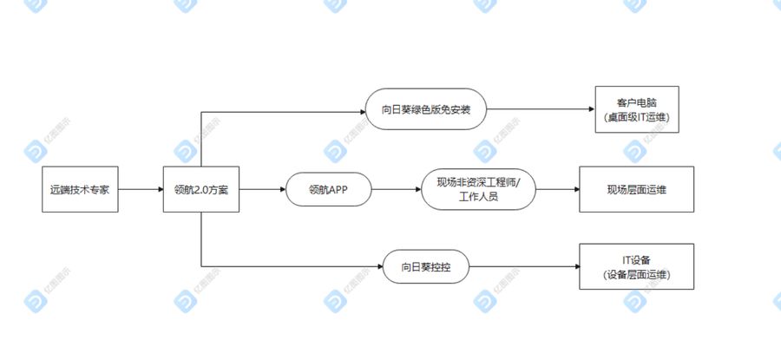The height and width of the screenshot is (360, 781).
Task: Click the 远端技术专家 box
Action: tap(80, 189)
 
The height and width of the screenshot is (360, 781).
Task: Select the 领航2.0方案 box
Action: tap(201, 189)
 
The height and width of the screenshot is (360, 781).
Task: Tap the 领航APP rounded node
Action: tap(329, 189)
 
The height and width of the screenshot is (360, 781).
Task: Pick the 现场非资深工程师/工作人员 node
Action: tap(479, 189)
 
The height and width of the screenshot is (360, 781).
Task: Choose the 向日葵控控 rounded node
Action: tap(426, 266)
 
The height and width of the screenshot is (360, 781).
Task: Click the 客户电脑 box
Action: tap(637, 109)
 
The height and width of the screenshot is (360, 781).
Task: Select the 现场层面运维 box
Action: tap(637, 189)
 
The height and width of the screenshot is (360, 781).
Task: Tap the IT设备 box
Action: tap(637, 266)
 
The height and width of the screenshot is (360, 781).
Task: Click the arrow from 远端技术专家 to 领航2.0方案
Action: tap(141, 189)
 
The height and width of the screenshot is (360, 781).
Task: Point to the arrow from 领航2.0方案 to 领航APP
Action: tap(262, 189)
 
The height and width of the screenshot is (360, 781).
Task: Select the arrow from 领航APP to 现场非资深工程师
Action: tap(397, 189)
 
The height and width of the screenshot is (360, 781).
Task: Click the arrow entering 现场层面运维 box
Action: tap(557, 189)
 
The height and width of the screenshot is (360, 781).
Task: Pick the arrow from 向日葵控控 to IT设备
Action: tap(524, 266)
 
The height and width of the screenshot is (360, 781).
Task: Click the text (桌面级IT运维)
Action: tap(637, 117)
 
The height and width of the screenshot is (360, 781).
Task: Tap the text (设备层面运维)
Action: tap(637, 274)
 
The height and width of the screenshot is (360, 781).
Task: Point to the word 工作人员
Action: tap(478, 197)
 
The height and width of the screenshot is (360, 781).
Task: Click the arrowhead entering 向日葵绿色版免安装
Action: tap(362, 112)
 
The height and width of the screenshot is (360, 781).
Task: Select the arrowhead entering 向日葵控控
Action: tap(379, 266)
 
